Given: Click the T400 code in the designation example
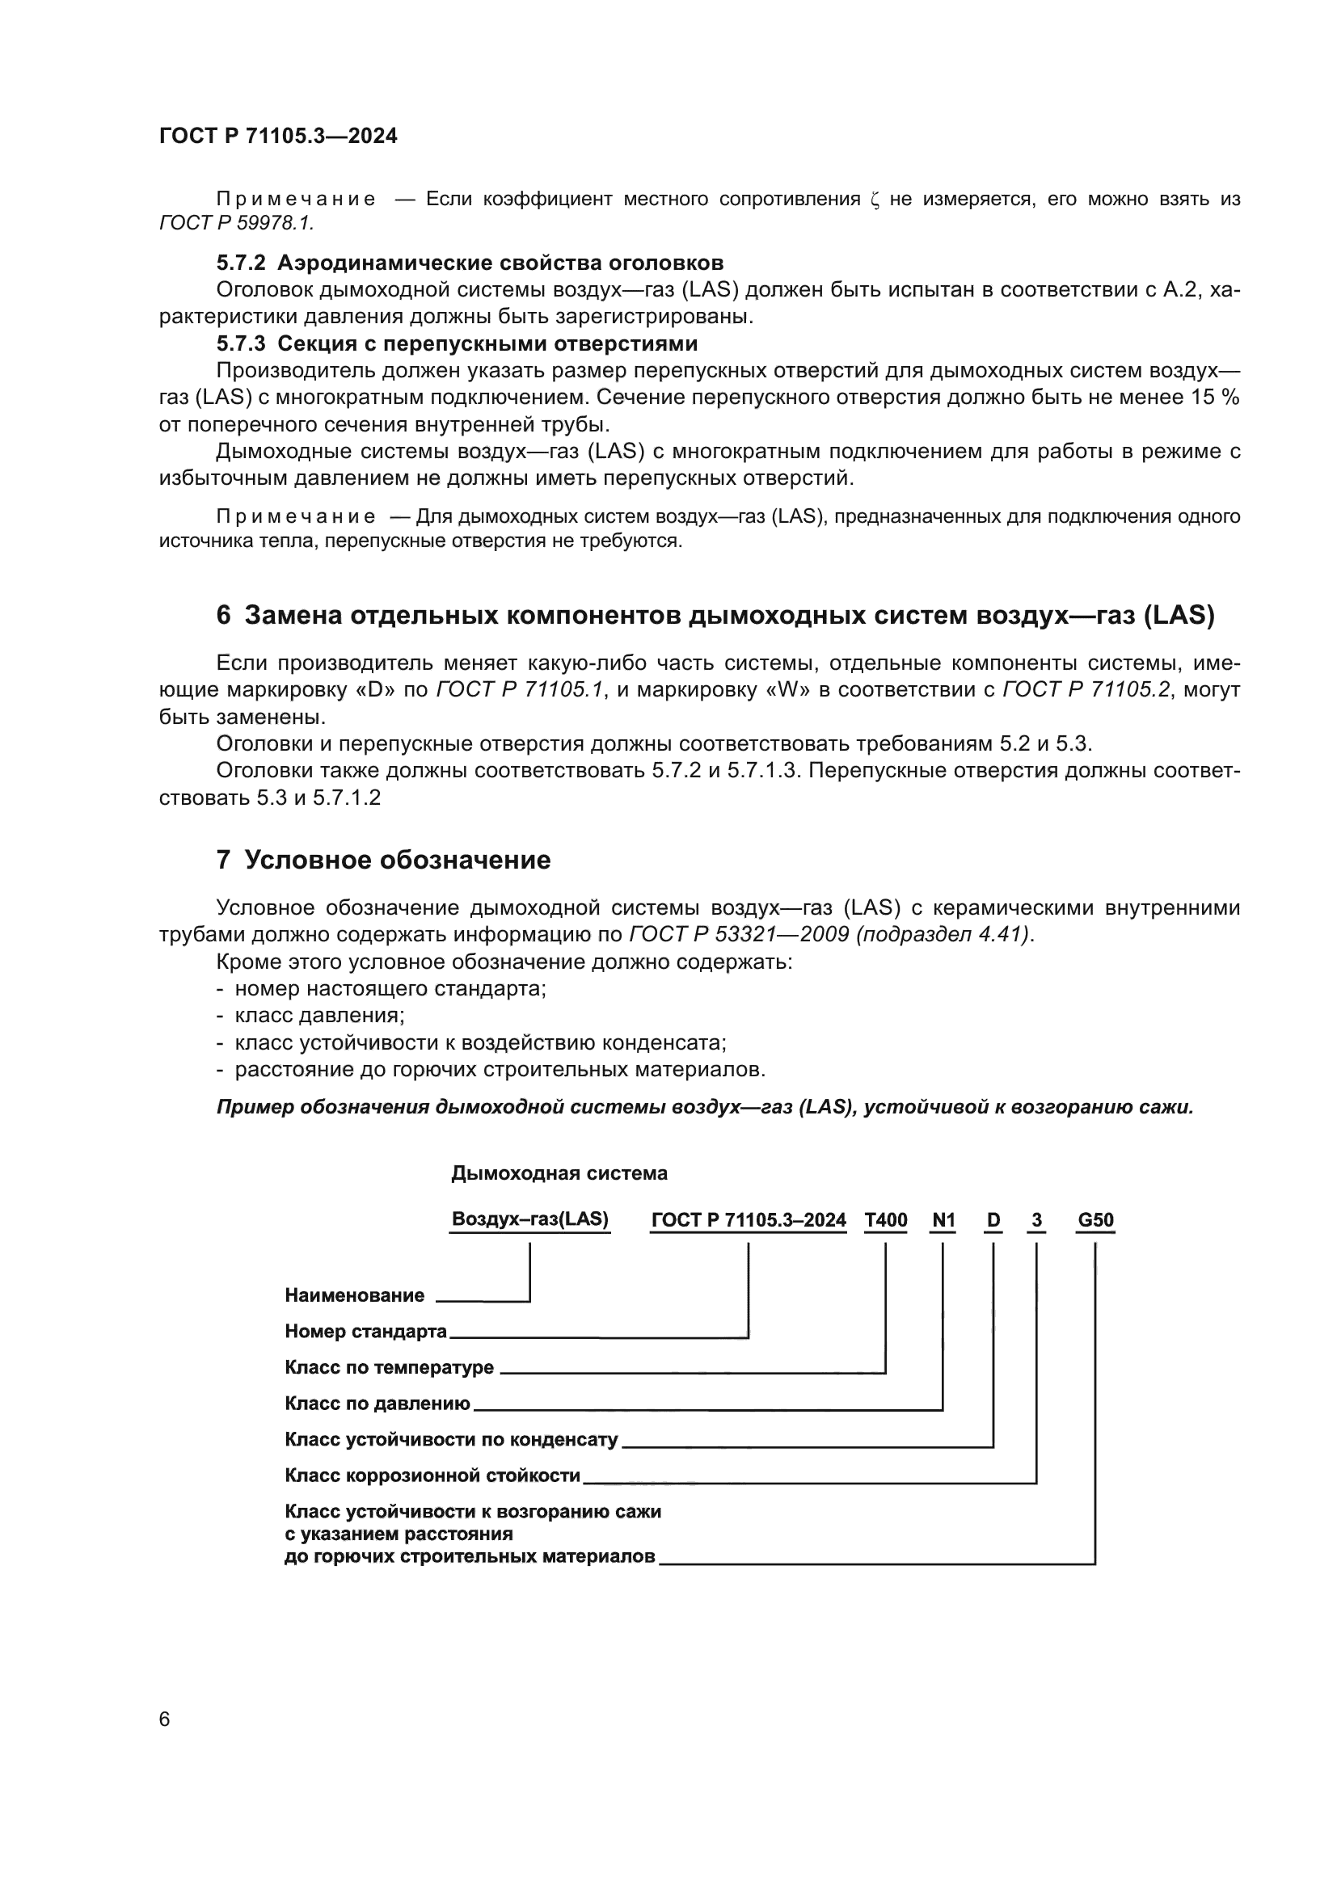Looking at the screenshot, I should click(x=885, y=1220).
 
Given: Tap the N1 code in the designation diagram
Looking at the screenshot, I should click(x=943, y=1220).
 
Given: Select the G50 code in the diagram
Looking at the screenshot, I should click(x=1095, y=1220).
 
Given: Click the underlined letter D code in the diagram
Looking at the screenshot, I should click(x=993, y=1220).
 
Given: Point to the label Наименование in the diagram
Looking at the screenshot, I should click(x=354, y=1295).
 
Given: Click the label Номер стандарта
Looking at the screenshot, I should click(x=365, y=1332).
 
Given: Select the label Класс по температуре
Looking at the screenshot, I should click(x=389, y=1368).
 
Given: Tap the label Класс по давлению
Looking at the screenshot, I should click(x=377, y=1404).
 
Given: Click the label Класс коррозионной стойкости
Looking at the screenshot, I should click(x=432, y=1476).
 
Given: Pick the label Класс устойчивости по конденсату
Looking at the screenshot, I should click(x=451, y=1440).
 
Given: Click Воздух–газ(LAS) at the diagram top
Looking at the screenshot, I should click(x=530, y=1220).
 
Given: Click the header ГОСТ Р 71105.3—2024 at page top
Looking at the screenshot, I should click(x=278, y=137).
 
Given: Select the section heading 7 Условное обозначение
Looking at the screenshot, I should click(x=384, y=861).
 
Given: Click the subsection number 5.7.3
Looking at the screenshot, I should click(x=240, y=343).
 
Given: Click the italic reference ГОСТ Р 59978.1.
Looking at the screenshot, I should click(x=236, y=223).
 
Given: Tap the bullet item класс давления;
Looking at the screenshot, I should click(x=319, y=1016).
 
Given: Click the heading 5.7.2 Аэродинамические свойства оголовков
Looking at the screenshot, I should click(x=470, y=263).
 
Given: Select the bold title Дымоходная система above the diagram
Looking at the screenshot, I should click(x=559, y=1173).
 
